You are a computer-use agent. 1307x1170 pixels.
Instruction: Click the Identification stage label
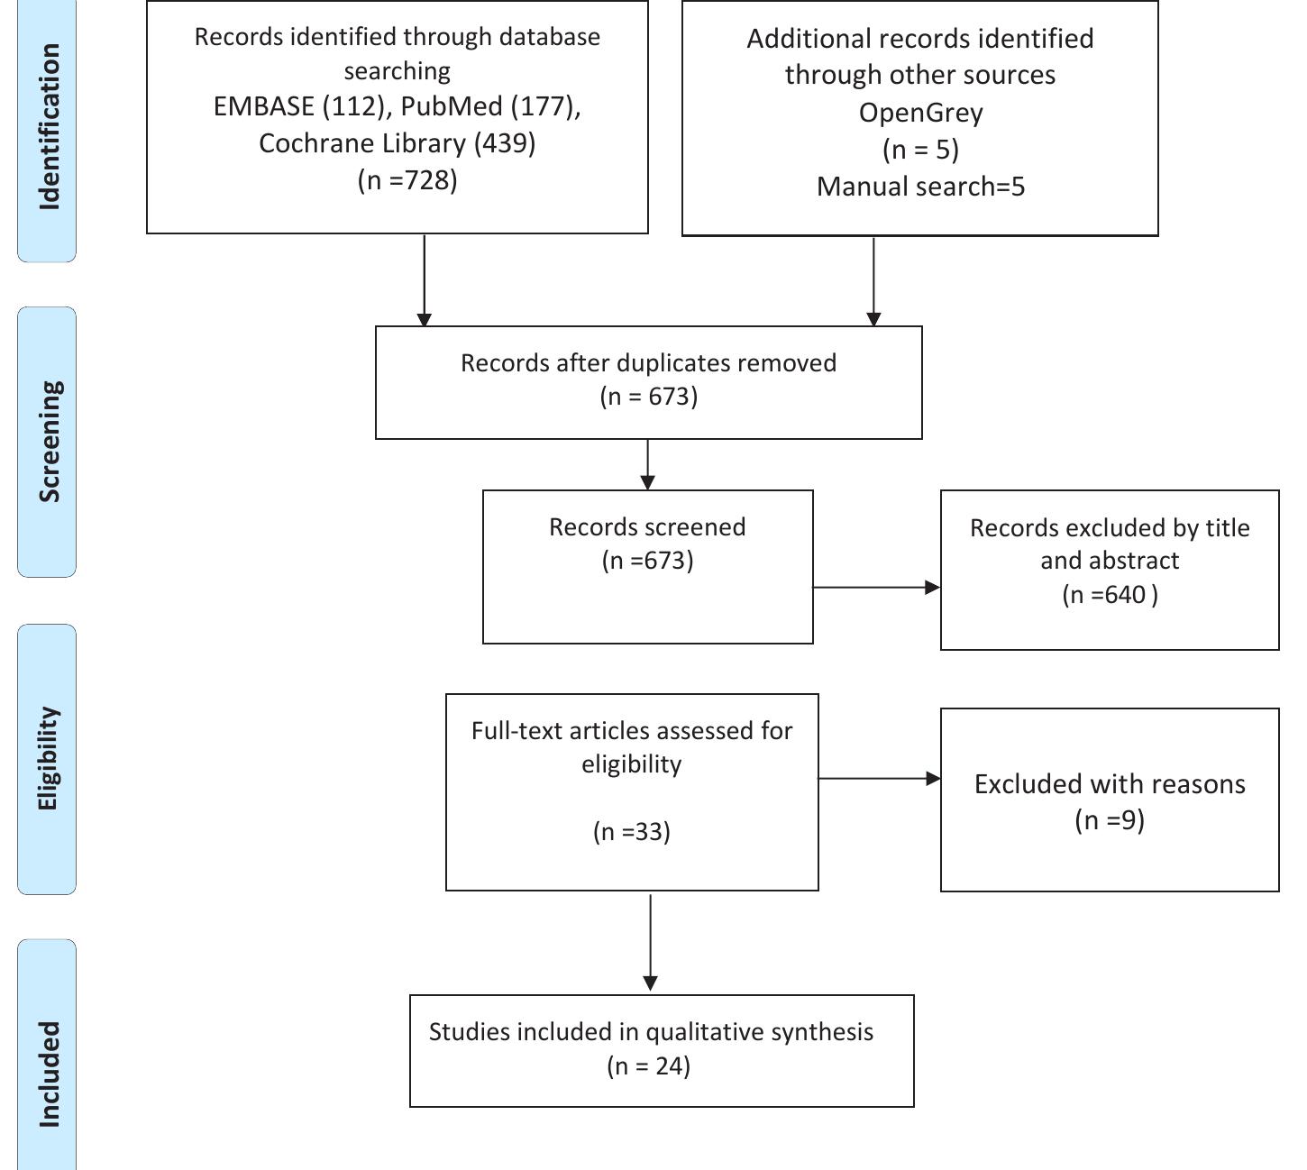[x=49, y=126]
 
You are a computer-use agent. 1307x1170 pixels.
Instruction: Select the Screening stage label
[x=49, y=441]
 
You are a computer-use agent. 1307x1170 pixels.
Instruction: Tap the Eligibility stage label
[x=49, y=758]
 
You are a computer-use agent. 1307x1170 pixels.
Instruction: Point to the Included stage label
[x=49, y=1073]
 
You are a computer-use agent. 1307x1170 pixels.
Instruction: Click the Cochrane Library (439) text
[x=397, y=143]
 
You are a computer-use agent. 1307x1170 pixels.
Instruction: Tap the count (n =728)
[x=407, y=180]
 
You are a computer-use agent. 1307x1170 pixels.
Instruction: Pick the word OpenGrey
[x=920, y=113]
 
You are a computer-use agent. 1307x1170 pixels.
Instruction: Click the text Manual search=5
[x=920, y=187]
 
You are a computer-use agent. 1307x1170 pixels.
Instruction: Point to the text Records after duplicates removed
[x=648, y=363]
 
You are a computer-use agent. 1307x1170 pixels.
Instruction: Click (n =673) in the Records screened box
[x=647, y=561]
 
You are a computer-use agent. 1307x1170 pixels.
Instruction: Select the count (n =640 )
[x=1110, y=595]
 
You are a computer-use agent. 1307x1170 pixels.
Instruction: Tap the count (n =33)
[x=631, y=831]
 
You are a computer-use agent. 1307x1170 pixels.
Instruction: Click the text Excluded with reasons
[x=1110, y=784]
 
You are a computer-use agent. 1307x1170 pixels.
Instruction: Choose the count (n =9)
[x=1110, y=820]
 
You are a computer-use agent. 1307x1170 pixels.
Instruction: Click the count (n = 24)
[x=648, y=1066]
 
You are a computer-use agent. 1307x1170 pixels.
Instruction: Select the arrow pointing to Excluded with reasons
[x=879, y=778]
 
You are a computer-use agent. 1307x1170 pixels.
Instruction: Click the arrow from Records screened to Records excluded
[x=876, y=588]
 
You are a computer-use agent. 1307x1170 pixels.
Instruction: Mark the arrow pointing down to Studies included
[x=650, y=942]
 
